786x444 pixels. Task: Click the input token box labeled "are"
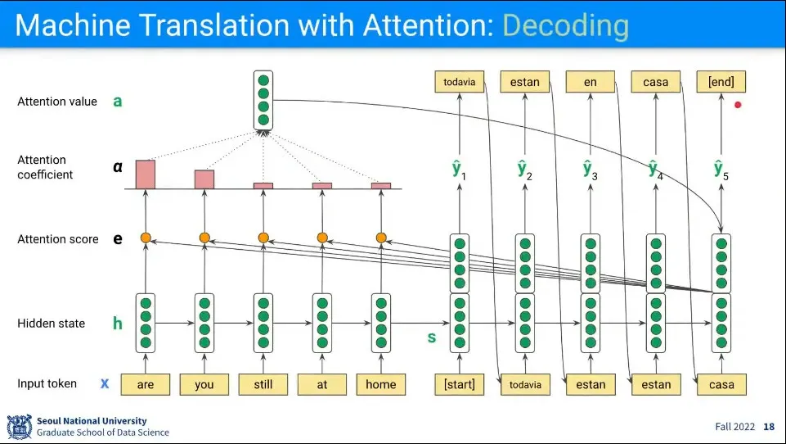146,384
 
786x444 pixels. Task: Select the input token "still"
263,384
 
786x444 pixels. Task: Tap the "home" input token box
380,384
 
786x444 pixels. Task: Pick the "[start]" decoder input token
459,384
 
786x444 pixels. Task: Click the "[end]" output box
721,82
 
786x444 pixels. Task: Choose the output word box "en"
590,82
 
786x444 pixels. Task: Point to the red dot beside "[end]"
738,105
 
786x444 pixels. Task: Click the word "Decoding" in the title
565,26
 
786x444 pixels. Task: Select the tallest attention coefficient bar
146,174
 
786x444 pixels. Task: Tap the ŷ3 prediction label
588,170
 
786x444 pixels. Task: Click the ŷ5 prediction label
720,170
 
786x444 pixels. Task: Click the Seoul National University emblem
19,427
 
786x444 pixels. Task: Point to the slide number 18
768,427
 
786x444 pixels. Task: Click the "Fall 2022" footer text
734,427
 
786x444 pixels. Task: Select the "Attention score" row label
57,239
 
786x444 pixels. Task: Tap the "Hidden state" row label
51,324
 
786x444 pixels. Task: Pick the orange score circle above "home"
380,238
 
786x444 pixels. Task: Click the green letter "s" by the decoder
432,337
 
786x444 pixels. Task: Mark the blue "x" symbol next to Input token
105,383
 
